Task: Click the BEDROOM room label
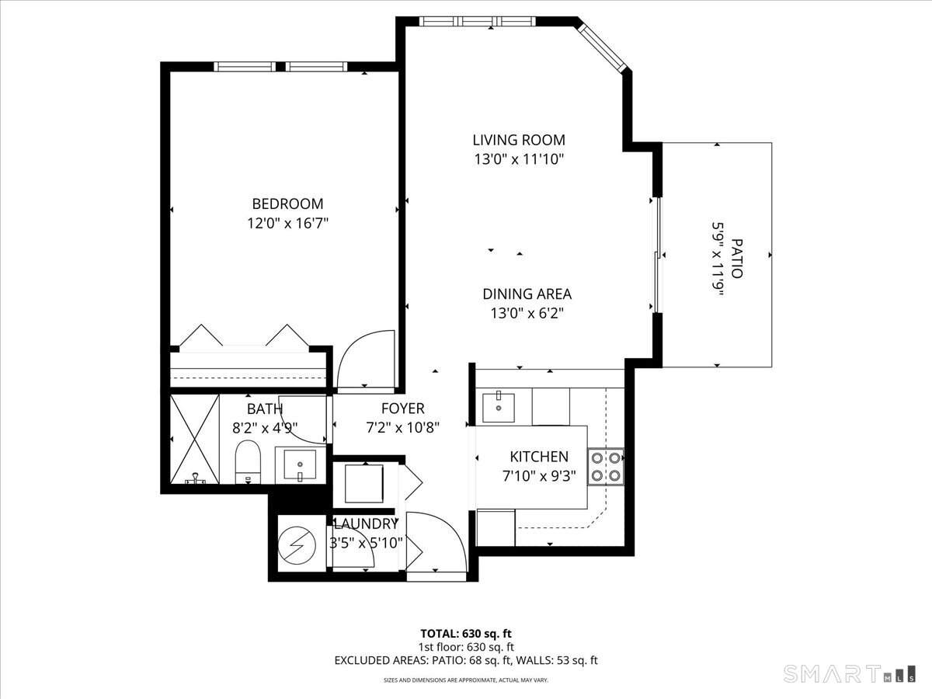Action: tap(287, 204)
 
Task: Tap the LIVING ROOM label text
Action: tap(519, 141)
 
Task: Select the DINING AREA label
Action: tap(527, 294)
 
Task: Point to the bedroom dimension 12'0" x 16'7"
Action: tap(287, 224)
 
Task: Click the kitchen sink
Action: tap(498, 406)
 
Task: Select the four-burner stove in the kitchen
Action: tap(606, 466)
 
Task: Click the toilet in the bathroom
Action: tap(249, 461)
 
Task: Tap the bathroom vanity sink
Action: tap(299, 466)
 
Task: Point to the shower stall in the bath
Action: tap(190, 439)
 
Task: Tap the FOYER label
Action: tap(402, 409)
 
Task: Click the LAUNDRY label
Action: tap(365, 524)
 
